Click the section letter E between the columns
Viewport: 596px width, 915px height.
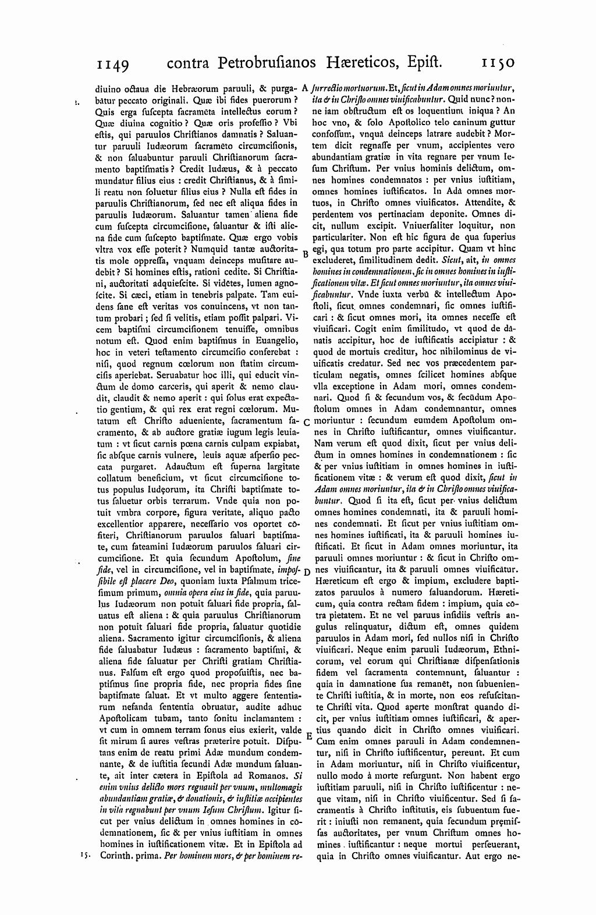[309, 736]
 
